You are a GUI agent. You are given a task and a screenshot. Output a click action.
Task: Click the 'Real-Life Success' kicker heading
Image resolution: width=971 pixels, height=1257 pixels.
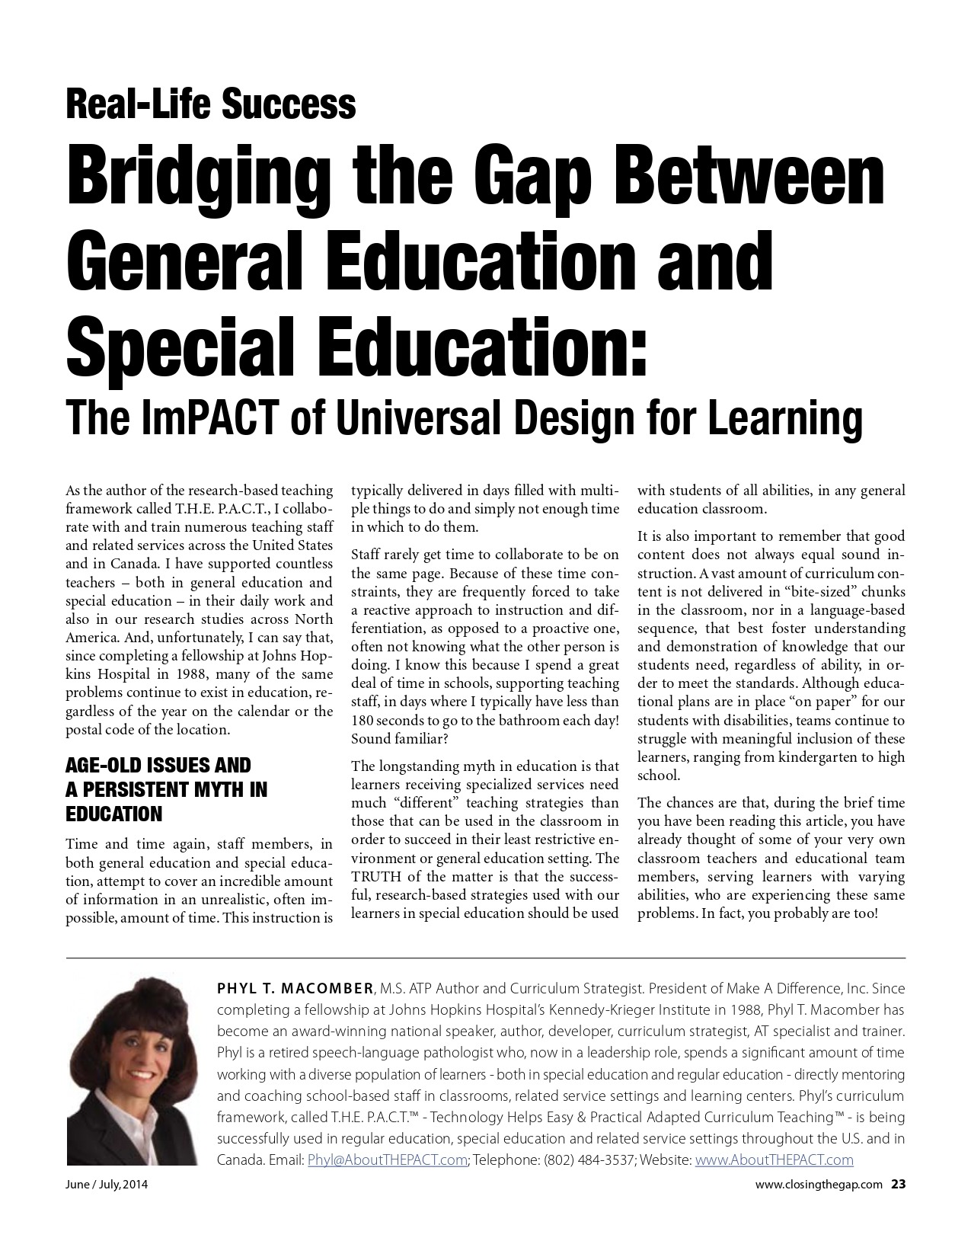(211, 104)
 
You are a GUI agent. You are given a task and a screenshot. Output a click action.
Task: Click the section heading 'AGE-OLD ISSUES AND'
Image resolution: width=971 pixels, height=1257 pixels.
(158, 765)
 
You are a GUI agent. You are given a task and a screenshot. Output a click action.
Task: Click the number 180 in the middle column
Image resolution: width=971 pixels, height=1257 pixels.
(363, 720)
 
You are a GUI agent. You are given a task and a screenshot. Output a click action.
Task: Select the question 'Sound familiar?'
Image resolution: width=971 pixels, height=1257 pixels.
(400, 738)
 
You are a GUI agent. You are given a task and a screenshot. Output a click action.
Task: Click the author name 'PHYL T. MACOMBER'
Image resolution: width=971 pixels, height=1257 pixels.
(295, 989)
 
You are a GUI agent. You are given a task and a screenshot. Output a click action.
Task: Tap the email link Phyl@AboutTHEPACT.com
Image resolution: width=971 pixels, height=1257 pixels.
(387, 1160)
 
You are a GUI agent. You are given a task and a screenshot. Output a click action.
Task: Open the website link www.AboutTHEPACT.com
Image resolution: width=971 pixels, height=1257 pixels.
(775, 1160)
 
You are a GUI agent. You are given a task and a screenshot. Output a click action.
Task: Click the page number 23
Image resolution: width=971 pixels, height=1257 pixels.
(899, 1184)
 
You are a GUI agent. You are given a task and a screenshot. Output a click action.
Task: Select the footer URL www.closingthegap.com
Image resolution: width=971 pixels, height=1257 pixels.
(819, 1185)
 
